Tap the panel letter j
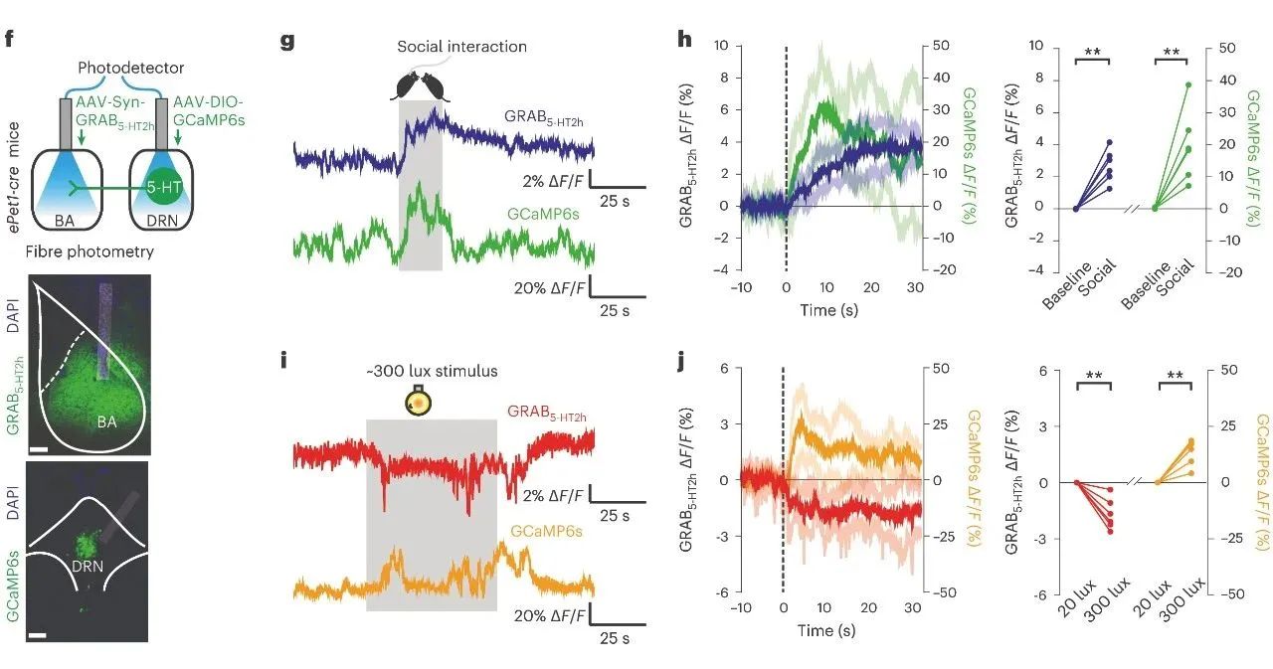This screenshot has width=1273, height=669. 680,360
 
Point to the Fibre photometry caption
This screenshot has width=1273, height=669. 78,251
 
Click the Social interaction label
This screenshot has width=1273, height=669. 461,47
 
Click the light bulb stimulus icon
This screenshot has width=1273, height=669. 419,402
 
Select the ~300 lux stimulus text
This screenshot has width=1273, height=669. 431,372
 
